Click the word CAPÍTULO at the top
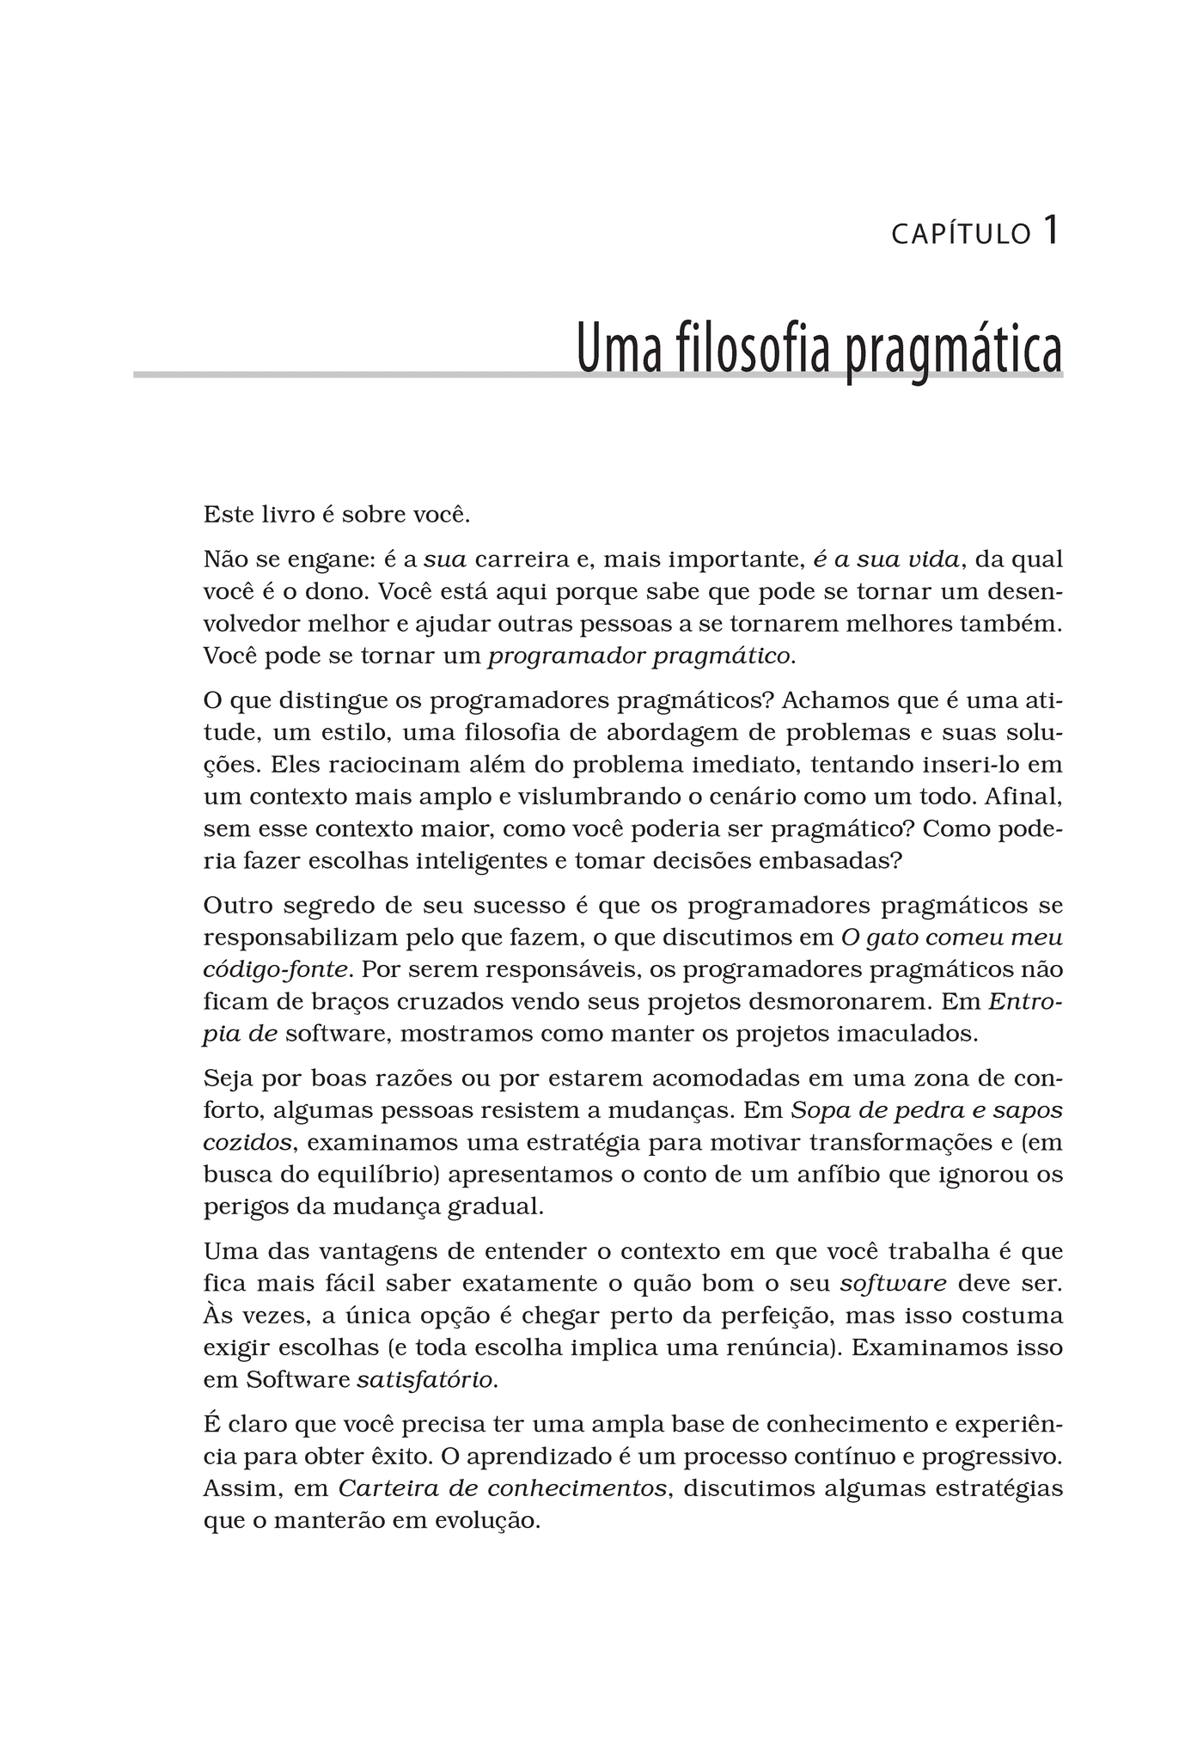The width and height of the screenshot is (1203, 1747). click(961, 235)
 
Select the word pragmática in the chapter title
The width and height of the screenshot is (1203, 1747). click(953, 351)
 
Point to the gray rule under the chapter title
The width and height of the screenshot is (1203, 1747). click(344, 375)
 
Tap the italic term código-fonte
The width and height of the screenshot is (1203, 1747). click(276, 970)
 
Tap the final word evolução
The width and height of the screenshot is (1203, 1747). click(485, 1521)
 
